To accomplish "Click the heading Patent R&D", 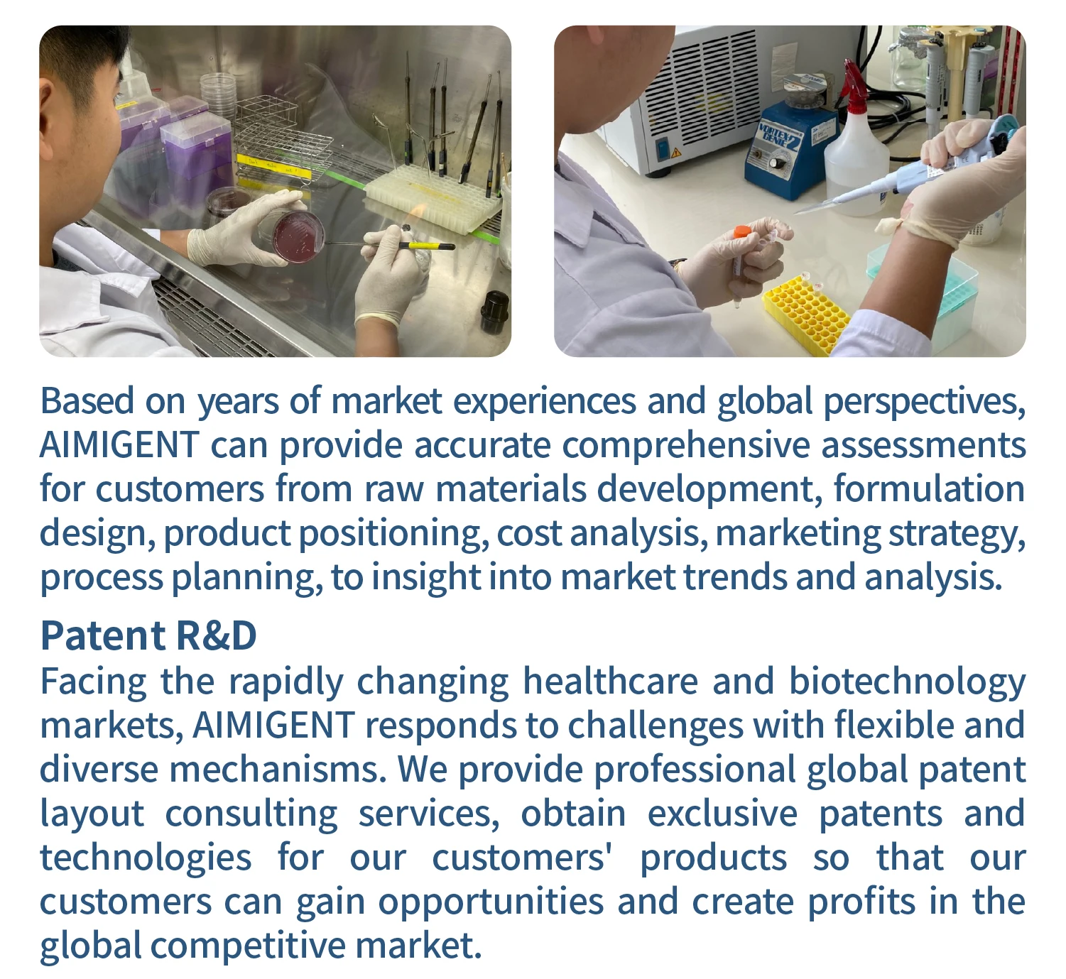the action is [148, 635].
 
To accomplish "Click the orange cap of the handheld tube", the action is [742, 232].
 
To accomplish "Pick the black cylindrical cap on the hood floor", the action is [495, 312].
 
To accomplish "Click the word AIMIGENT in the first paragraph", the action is [119, 444].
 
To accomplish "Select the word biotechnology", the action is [907, 682].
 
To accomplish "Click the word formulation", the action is [929, 488].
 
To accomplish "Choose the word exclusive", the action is [722, 814].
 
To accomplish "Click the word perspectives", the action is [924, 402].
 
